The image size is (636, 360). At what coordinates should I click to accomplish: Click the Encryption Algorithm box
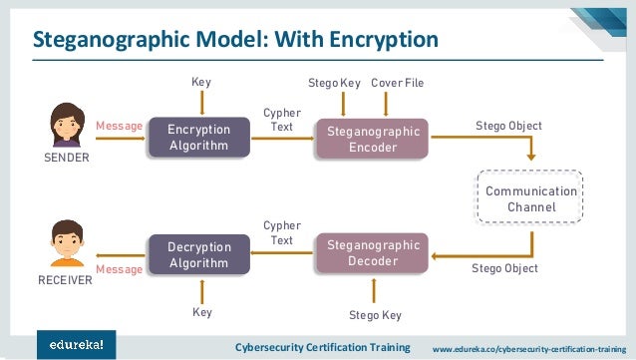(x=198, y=138)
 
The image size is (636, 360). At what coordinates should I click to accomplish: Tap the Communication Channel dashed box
(x=531, y=198)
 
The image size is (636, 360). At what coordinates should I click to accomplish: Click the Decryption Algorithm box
(x=198, y=253)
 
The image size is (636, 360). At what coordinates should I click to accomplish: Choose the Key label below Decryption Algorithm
(x=202, y=313)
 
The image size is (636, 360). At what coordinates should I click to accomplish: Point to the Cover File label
(x=398, y=81)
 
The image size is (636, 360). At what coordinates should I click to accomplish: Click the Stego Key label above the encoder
(x=335, y=81)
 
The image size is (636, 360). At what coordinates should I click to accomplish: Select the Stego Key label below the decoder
(x=375, y=315)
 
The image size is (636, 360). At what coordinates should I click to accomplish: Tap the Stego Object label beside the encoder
(x=508, y=127)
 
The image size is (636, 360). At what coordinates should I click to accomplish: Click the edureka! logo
(x=77, y=344)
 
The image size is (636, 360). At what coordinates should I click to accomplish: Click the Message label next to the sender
(x=119, y=127)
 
